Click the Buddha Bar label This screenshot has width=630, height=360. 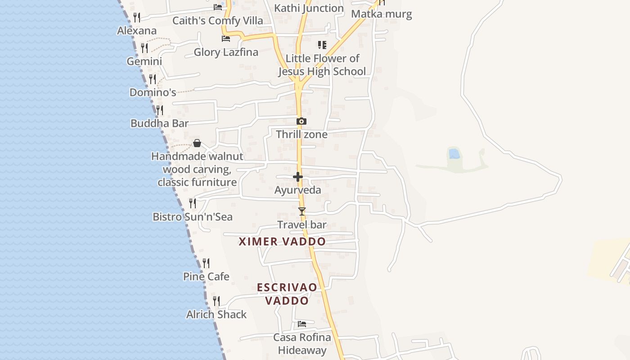point(159,123)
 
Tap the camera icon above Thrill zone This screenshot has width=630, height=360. point(301,121)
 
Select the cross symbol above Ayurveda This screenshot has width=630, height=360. point(298,177)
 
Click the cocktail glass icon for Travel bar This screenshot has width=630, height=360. point(302,211)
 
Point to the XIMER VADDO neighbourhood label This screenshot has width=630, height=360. point(282,242)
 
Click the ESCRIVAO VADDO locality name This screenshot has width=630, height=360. point(287,294)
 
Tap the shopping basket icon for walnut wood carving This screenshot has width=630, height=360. point(197,143)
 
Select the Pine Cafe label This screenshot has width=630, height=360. point(206,276)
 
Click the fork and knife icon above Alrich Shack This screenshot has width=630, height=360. point(216,301)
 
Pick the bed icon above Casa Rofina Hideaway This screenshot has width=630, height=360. point(302,324)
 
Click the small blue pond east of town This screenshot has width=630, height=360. point(454,154)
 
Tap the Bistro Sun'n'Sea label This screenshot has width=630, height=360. point(193,217)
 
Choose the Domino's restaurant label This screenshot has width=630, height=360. point(153,93)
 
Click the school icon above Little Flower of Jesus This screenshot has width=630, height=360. point(322,45)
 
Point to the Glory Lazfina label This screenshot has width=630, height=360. point(226,52)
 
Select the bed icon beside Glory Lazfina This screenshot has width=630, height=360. point(226,39)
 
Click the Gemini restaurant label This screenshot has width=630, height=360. point(144,62)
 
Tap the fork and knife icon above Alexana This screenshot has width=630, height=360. point(137,18)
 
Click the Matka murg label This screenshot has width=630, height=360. point(382,14)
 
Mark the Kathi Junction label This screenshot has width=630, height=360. point(309,8)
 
